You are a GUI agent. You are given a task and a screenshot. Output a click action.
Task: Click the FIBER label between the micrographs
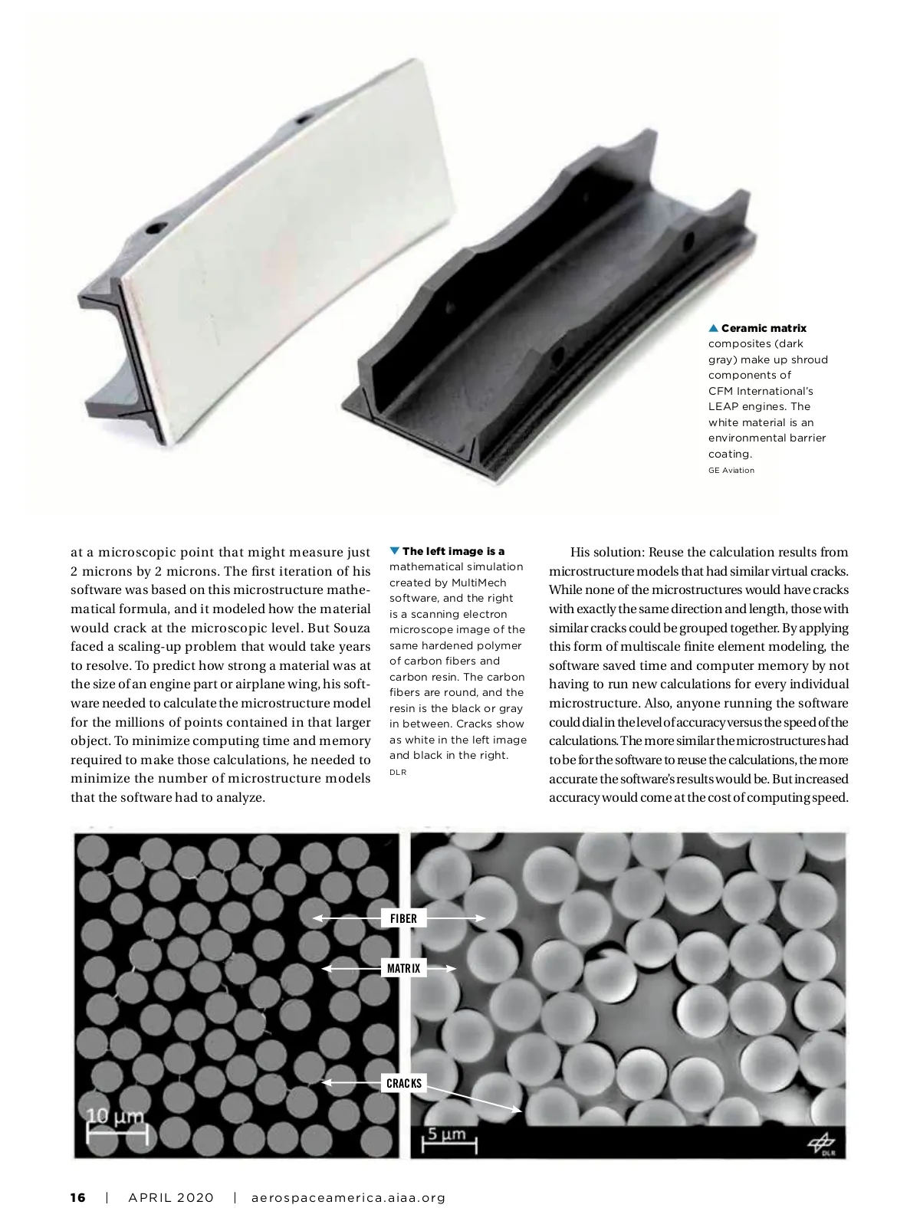[403, 918]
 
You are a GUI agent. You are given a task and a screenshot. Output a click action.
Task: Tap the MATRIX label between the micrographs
[403, 969]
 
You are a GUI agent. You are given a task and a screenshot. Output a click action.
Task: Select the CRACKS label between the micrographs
[403, 1083]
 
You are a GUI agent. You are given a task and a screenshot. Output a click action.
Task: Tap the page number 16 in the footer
[78, 1197]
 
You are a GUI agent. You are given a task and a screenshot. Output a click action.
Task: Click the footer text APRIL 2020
[170, 1197]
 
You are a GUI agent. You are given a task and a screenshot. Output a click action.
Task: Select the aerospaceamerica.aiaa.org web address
[348, 1197]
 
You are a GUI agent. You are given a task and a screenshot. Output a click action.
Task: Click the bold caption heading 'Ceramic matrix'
[764, 328]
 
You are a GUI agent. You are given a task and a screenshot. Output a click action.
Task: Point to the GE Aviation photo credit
[731, 470]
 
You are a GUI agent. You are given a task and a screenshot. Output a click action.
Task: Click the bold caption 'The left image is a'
[453, 551]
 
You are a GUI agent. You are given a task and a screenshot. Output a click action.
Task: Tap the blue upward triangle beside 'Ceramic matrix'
[713, 328]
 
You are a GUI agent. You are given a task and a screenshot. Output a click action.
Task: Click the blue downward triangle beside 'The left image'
[395, 551]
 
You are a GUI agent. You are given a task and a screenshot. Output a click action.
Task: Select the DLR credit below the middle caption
[397, 772]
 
